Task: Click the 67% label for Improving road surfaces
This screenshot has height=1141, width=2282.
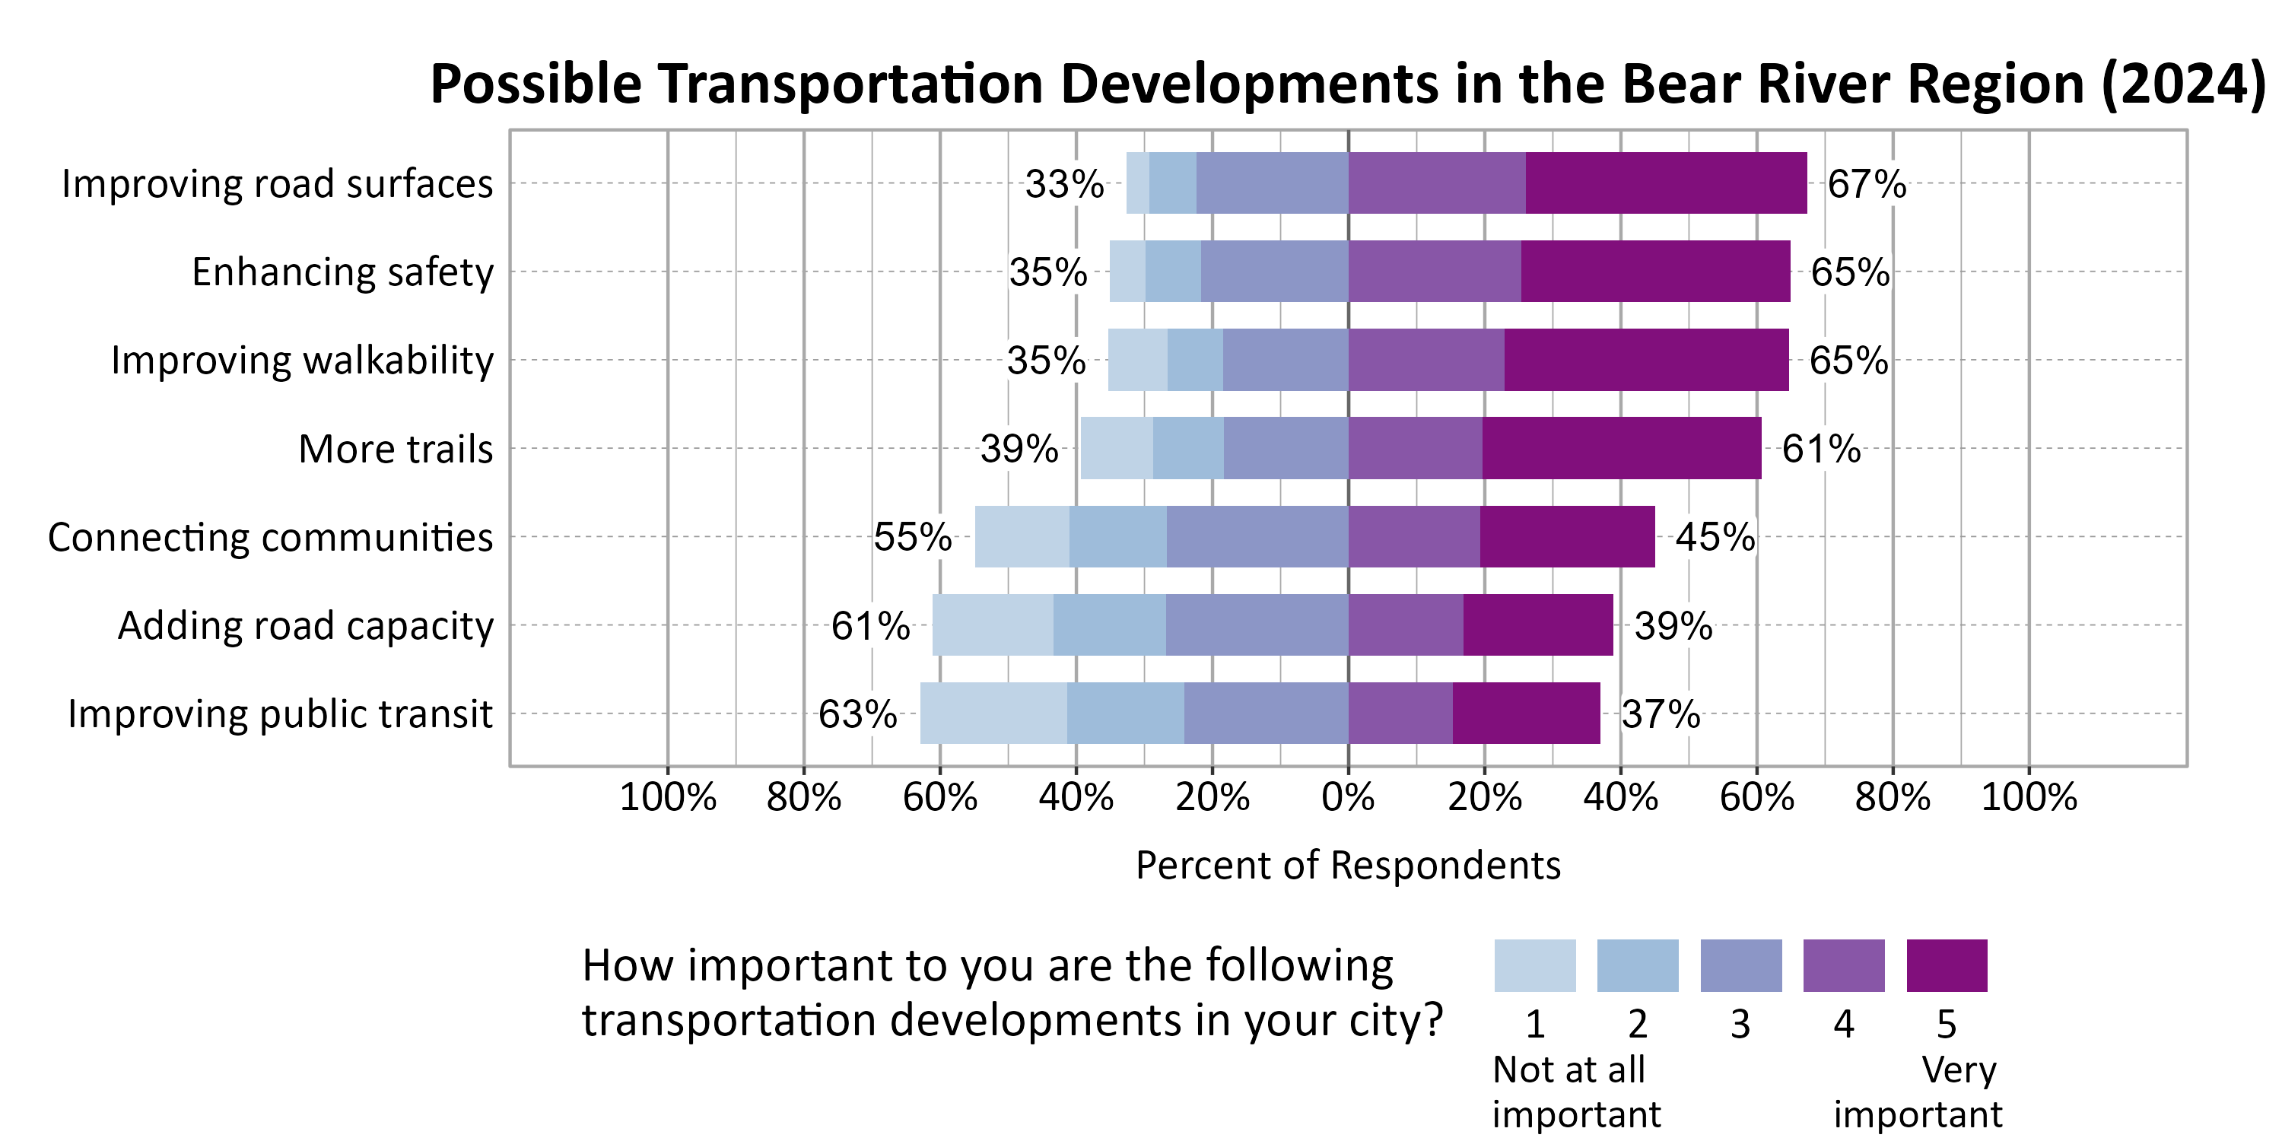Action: [1866, 183]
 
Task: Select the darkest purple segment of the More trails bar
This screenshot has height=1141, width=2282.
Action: [1621, 448]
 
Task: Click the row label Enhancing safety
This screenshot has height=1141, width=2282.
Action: [342, 272]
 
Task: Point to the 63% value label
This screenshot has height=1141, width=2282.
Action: [857, 714]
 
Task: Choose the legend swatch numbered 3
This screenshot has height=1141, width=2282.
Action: [1740, 965]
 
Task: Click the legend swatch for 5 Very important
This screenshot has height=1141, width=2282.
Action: [1947, 965]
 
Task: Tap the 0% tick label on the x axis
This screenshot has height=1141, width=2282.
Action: [1347, 797]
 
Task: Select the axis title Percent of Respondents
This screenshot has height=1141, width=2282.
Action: [1347, 866]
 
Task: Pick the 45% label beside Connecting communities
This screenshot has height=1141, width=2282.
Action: [1714, 537]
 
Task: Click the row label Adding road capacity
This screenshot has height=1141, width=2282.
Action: [306, 625]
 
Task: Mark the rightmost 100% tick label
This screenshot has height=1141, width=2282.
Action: [2028, 797]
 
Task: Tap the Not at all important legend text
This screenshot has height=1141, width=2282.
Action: [1575, 1092]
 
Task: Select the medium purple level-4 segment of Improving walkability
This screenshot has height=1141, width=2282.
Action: [1425, 360]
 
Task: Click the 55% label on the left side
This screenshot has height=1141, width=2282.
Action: [913, 537]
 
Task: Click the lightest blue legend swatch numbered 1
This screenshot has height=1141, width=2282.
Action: [1534, 965]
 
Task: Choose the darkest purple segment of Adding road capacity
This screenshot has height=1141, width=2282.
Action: [1537, 625]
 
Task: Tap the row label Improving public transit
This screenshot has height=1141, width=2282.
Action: [280, 714]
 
